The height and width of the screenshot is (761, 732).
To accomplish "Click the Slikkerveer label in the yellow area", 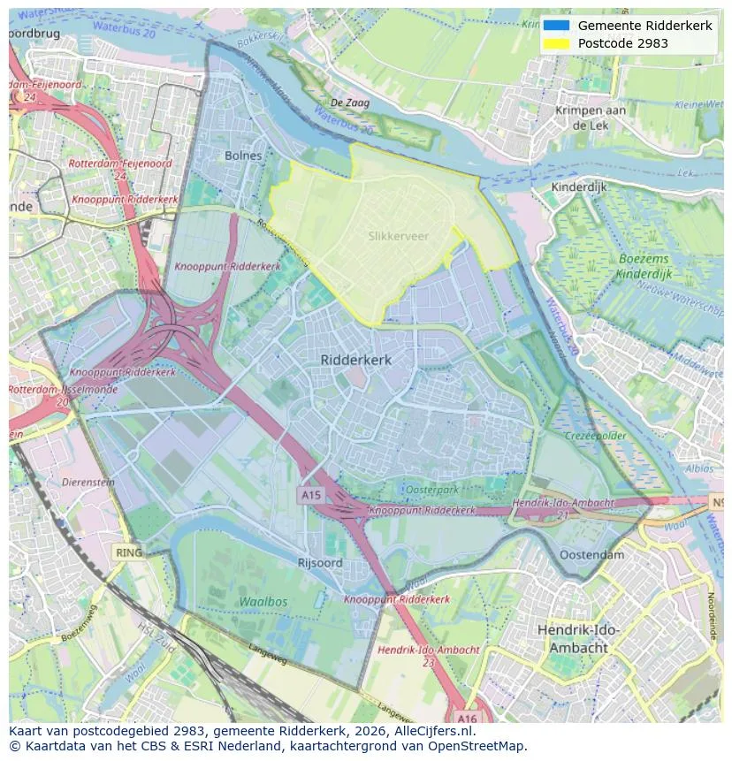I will tap(398, 236).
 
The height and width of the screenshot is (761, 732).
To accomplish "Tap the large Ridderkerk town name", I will tap(355, 360).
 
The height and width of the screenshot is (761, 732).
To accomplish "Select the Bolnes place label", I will tap(243, 156).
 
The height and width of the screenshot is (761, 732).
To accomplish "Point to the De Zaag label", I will tap(349, 103).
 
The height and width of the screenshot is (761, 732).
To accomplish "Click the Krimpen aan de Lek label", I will tap(590, 118).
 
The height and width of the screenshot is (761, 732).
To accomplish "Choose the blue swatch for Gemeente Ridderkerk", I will tap(556, 26).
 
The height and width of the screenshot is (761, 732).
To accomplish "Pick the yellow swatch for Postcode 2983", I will tap(556, 43).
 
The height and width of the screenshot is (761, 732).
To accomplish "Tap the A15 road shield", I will tap(310, 496).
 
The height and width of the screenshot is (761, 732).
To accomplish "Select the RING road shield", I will tap(128, 552).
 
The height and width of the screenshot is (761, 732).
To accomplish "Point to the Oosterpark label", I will tap(431, 490).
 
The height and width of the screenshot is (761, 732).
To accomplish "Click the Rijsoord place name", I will tap(320, 562).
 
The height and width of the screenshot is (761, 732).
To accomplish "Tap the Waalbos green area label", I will tap(263, 601).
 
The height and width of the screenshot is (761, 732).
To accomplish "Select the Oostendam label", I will tap(591, 555).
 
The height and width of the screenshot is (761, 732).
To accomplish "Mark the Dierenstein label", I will tap(88, 483).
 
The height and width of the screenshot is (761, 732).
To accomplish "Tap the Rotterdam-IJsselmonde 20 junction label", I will tap(39, 395).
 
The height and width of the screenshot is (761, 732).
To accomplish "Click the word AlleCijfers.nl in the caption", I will tap(431, 731).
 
